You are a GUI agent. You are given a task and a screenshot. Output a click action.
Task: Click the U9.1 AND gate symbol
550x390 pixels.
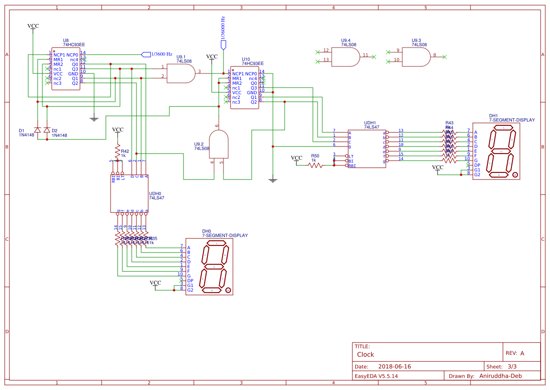[x=181, y=73]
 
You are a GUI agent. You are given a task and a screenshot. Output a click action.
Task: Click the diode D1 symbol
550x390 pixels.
[x=37, y=130]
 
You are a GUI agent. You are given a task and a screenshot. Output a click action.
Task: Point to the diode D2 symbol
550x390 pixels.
[x=47, y=130]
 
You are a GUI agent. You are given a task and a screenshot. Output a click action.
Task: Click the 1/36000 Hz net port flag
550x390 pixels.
[x=223, y=45]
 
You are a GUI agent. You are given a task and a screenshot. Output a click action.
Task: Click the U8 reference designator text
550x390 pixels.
[x=65, y=41]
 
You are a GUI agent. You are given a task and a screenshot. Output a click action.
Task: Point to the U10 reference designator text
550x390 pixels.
[x=246, y=59]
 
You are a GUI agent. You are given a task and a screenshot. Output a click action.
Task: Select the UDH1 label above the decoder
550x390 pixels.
[x=370, y=122]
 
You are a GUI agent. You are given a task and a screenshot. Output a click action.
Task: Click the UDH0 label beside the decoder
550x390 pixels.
[x=155, y=193]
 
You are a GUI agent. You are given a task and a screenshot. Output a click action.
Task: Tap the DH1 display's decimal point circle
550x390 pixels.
[x=515, y=175]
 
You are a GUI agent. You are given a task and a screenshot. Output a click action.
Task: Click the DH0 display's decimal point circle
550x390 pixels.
[x=228, y=291]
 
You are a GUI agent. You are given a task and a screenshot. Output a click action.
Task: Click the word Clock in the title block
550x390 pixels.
[x=366, y=354]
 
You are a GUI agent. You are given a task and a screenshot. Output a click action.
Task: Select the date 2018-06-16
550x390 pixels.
[x=394, y=366]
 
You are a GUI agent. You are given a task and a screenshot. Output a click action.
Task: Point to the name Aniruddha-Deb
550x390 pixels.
[x=501, y=376]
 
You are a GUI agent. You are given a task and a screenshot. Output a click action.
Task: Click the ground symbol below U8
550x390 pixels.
[x=94, y=119]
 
